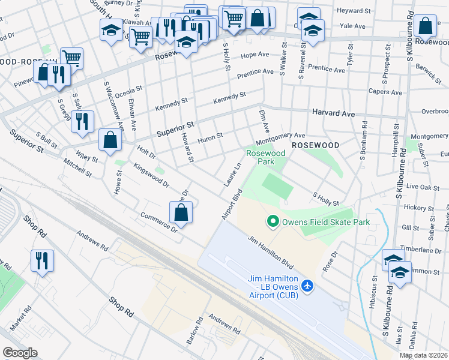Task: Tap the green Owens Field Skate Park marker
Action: (273, 223)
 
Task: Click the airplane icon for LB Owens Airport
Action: (308, 285)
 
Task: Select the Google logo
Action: (20, 353)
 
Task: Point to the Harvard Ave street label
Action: (333, 113)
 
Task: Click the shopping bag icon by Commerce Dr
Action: (181, 212)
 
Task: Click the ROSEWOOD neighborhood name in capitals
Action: (316, 145)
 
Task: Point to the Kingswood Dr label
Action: (147, 171)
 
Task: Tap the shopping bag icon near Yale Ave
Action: (425, 27)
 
